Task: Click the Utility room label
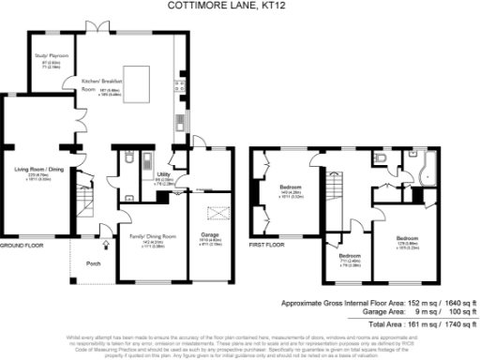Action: (x=163, y=175)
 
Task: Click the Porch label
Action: (x=93, y=263)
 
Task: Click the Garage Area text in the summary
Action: (x=361, y=311)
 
